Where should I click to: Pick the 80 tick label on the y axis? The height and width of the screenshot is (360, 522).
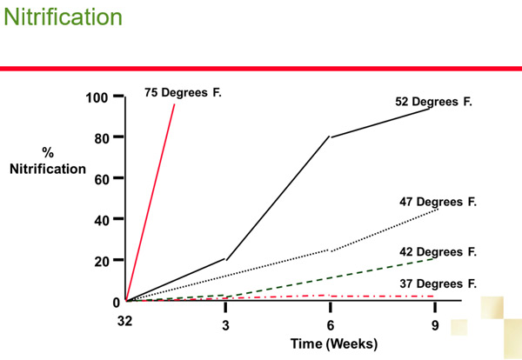(102, 137)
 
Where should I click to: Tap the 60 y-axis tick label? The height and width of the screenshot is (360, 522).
(102, 179)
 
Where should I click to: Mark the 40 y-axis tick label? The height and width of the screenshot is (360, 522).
(102, 220)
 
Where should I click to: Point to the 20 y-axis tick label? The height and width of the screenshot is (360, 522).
(102, 261)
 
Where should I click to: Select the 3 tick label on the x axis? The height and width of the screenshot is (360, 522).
(224, 325)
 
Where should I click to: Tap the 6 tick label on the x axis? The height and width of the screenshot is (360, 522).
(331, 325)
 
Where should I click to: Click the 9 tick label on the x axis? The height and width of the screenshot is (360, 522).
(435, 325)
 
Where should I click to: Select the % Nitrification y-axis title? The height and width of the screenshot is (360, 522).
(48, 161)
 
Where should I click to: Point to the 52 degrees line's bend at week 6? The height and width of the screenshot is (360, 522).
(330, 137)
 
